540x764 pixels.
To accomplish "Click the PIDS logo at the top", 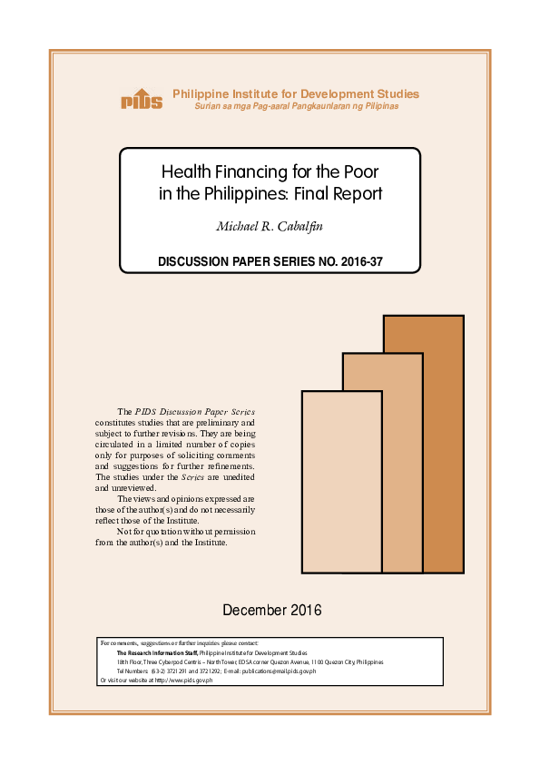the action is tap(142, 100).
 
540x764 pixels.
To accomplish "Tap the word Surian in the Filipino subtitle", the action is tap(210, 107).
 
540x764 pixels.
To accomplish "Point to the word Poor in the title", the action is tap(361, 171).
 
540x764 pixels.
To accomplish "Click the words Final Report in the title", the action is tap(344, 192).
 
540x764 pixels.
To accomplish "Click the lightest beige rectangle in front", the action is tap(340, 481).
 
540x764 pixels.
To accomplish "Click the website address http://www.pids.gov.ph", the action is tap(178, 681).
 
